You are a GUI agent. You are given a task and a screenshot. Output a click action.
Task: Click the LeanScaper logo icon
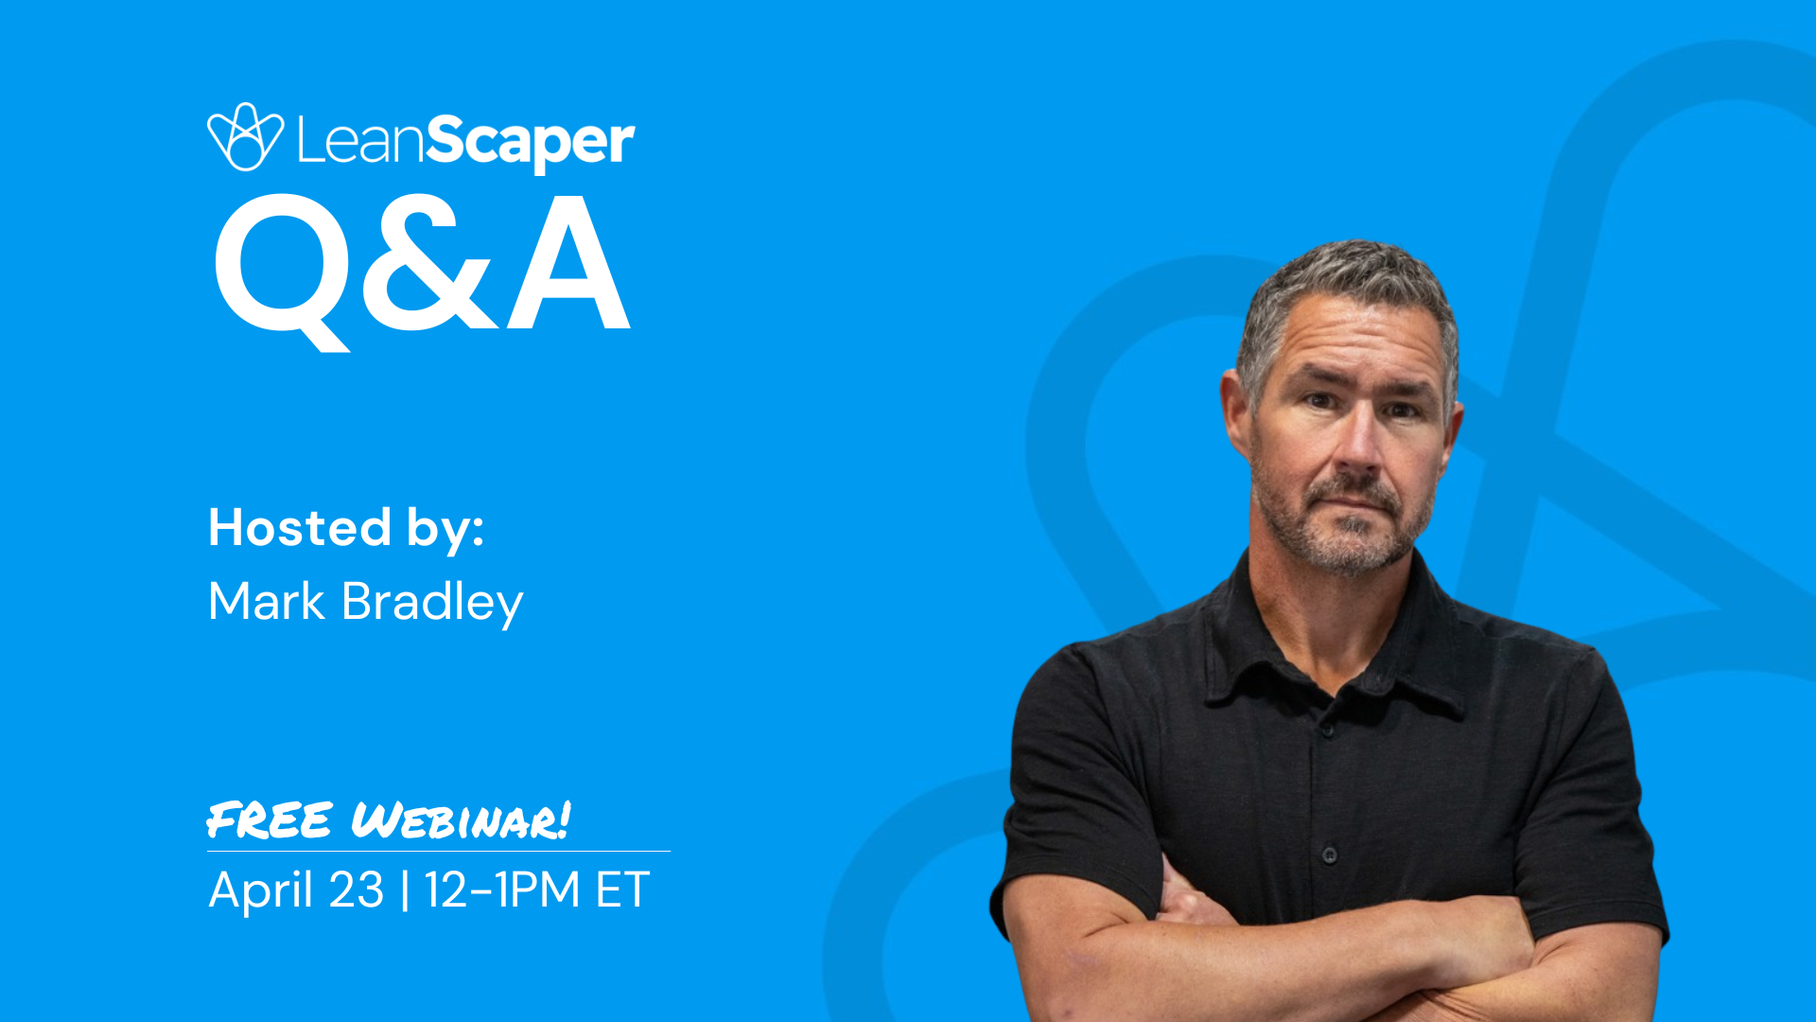pyautogui.click(x=245, y=137)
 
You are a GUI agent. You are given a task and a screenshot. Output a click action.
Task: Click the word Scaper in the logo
pyautogui.click(x=530, y=142)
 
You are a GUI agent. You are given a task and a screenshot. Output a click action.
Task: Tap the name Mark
pyautogui.click(x=267, y=601)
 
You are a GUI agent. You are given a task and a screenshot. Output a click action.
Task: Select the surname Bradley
pyautogui.click(x=431, y=603)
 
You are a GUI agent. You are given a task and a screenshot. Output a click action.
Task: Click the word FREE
pyautogui.click(x=270, y=819)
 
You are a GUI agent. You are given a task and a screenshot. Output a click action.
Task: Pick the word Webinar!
pyautogui.click(x=461, y=819)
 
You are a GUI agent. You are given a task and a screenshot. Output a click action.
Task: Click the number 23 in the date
pyautogui.click(x=356, y=890)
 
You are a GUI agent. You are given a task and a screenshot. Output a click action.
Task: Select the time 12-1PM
pyautogui.click(x=501, y=890)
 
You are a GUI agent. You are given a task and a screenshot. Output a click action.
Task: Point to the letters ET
pyautogui.click(x=621, y=890)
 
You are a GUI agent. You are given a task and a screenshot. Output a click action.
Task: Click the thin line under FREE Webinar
pyautogui.click(x=439, y=851)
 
